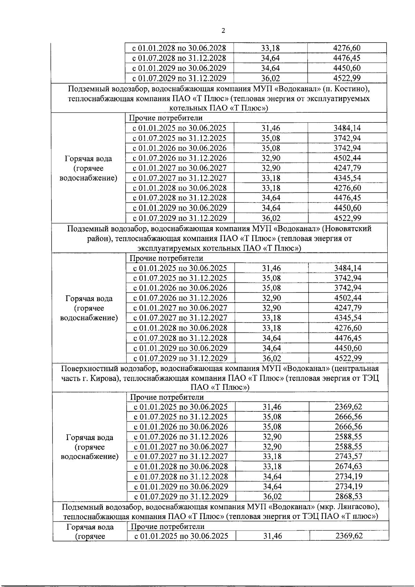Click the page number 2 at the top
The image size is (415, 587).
(223, 31)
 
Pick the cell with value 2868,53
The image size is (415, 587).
(348, 496)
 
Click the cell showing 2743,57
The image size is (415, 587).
(348, 456)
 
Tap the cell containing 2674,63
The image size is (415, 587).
(348, 466)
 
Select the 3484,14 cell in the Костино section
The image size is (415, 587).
(347, 128)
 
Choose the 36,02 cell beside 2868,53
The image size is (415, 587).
(272, 496)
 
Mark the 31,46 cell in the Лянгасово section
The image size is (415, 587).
(272, 536)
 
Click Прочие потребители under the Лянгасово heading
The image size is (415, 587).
(167, 527)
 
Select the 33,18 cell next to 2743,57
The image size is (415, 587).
(272, 456)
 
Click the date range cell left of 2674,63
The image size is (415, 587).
(181, 466)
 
